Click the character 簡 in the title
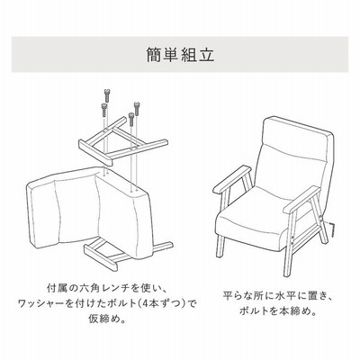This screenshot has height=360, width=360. (x=155, y=54)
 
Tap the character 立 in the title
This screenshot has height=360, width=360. (x=206, y=54)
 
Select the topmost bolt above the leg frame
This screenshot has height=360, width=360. (x=106, y=95)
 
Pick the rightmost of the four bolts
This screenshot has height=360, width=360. (x=137, y=109)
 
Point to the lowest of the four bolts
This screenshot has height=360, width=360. (x=130, y=119)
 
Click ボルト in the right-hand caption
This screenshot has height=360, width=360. (x=254, y=311)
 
